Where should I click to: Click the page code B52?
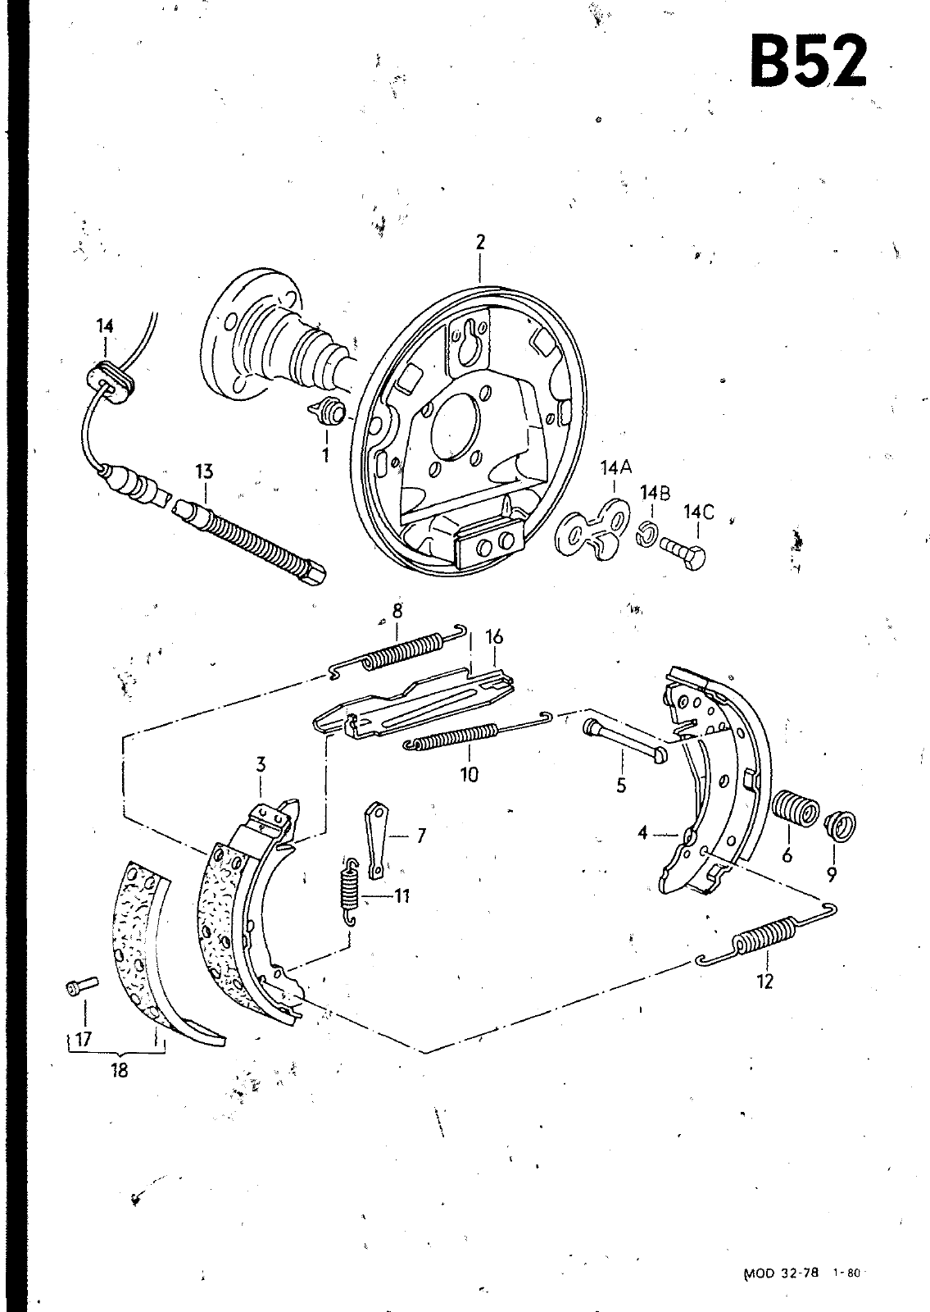(808, 61)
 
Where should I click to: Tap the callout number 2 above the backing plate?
(480, 242)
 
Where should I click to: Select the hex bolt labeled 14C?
(683, 551)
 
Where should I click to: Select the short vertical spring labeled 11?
(349, 891)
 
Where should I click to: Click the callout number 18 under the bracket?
(119, 1071)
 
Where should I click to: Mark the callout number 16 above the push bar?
(495, 636)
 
